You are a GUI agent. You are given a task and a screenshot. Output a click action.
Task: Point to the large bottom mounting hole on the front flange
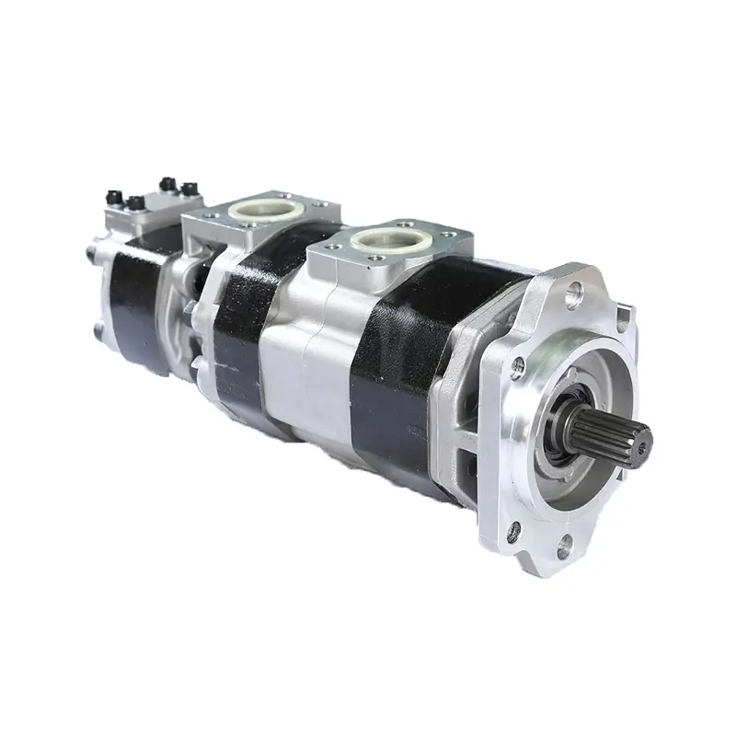tap(563, 545)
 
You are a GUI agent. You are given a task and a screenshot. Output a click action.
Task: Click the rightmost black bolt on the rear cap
tap(191, 190)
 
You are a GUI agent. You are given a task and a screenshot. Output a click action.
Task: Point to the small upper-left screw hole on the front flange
tap(518, 365)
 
